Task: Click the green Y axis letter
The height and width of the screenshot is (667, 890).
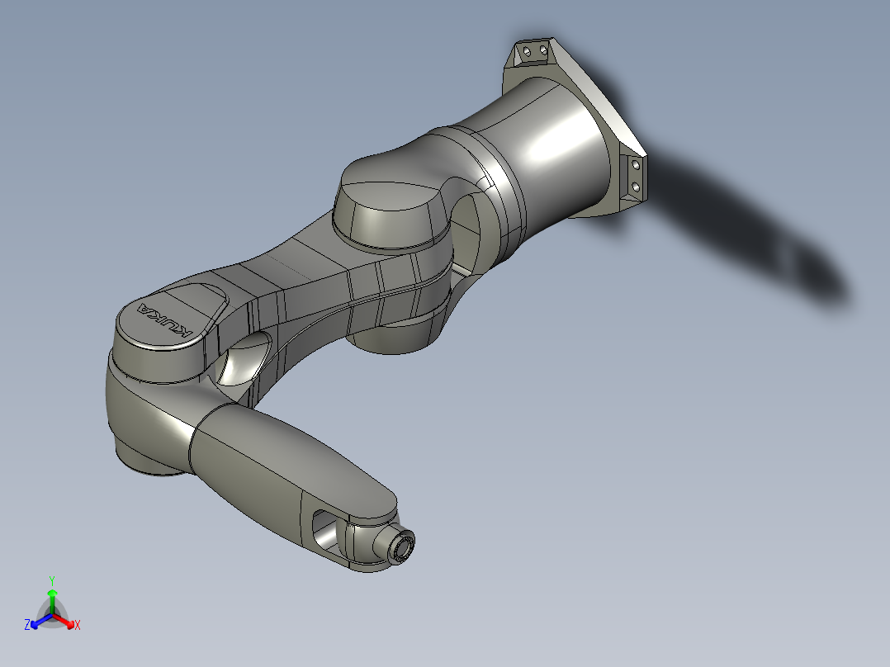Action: (x=52, y=579)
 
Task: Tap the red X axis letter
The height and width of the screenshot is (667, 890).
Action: (x=78, y=626)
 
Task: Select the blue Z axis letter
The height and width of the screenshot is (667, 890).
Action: (x=27, y=626)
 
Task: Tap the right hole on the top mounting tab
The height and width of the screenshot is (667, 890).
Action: (x=542, y=51)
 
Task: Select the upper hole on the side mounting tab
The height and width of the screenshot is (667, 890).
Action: (x=636, y=165)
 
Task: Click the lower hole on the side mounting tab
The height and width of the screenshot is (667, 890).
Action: (x=636, y=188)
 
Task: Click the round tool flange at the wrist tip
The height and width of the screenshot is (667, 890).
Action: (x=402, y=545)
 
